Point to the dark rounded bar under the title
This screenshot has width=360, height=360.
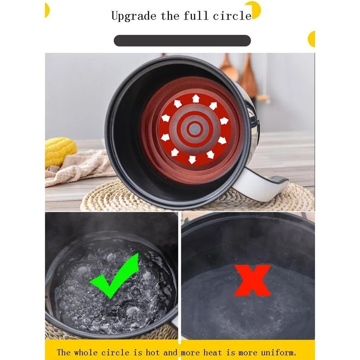coord(182,40)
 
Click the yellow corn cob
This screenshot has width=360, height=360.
coord(60,151)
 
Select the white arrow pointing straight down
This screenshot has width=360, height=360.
coord(193,159)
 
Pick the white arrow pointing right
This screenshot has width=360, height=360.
coord(224,121)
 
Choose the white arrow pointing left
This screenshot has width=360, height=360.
coord(165,118)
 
